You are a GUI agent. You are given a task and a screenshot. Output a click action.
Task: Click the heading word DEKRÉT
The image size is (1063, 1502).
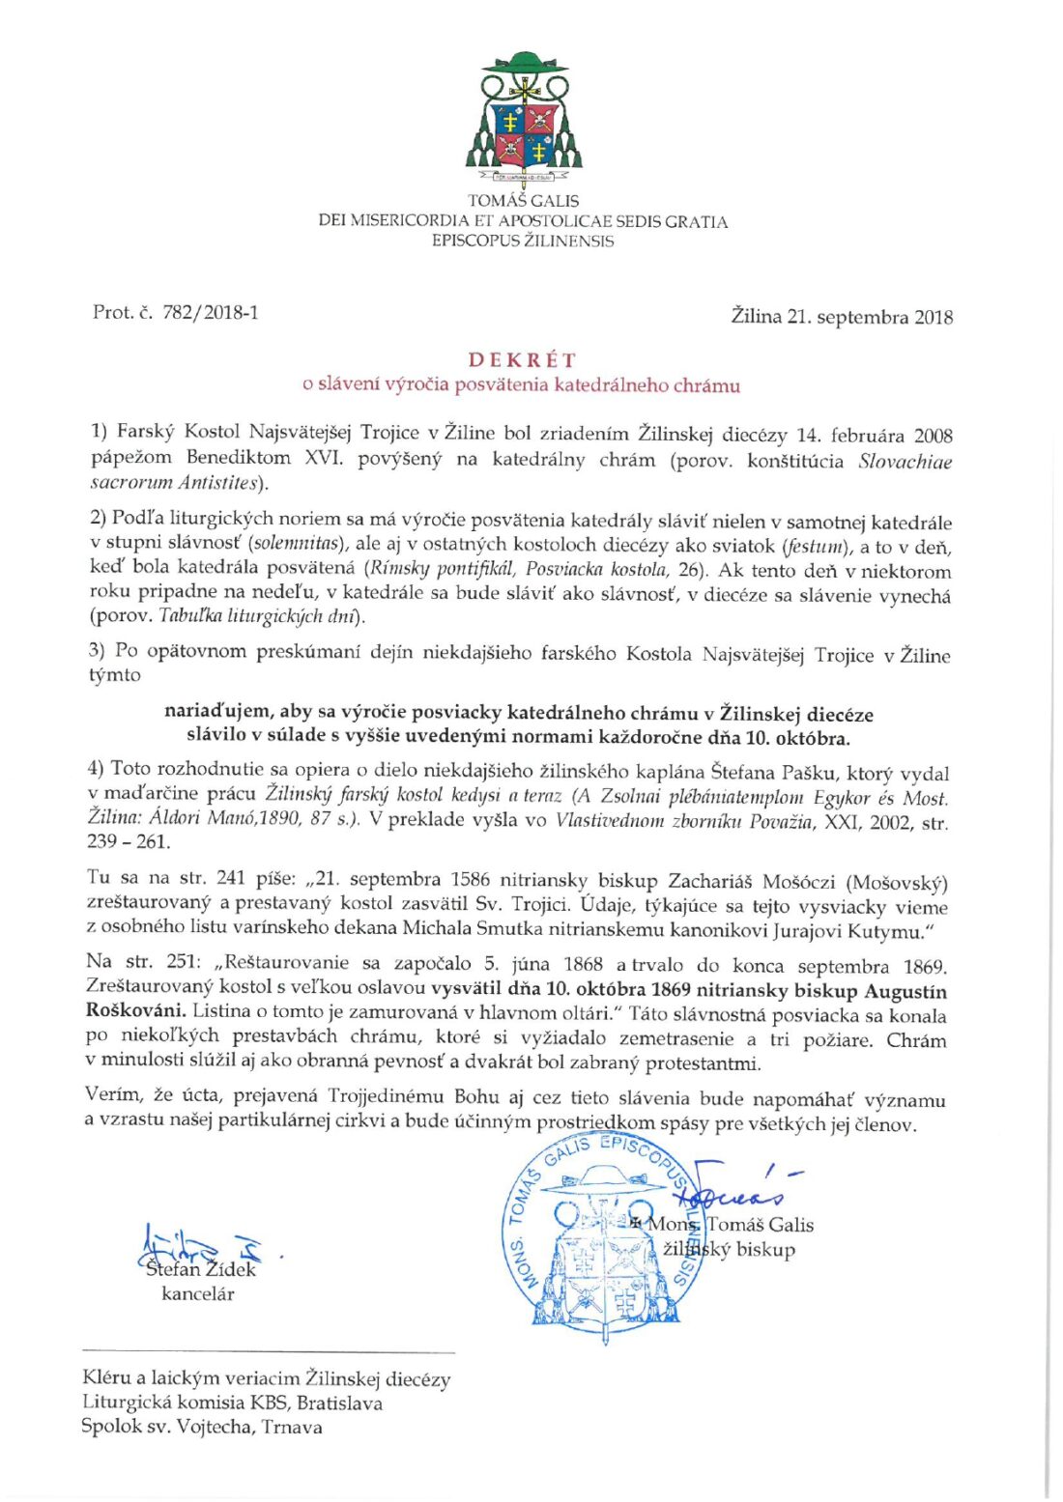[x=522, y=360]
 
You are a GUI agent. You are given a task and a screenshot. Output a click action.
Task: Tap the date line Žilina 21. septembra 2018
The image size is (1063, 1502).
[x=841, y=317]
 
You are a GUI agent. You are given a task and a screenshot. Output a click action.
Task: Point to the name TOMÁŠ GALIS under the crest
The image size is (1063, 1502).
[x=523, y=201]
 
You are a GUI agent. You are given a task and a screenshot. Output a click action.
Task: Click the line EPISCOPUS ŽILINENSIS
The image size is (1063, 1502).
[x=523, y=241]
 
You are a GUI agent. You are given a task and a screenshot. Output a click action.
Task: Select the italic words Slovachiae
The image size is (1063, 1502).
[x=905, y=461]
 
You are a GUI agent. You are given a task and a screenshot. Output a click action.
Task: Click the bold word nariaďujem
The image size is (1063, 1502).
[x=217, y=712]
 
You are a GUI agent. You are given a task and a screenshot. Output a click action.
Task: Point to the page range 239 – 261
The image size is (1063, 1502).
[x=129, y=841]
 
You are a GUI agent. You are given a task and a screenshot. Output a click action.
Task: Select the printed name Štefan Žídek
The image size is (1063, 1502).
[x=200, y=1269]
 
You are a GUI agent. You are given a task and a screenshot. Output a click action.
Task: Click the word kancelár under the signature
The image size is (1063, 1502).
[x=198, y=1294]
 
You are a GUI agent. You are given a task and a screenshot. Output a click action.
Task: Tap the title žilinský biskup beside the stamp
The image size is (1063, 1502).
[x=731, y=1250]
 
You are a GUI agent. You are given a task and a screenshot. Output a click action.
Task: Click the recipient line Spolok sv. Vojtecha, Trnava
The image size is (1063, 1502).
[x=202, y=1427]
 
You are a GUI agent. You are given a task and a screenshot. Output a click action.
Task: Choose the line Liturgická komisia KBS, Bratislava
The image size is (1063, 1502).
[x=232, y=1403]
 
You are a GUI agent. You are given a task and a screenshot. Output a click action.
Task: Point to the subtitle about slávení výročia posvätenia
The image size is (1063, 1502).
[x=522, y=384]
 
